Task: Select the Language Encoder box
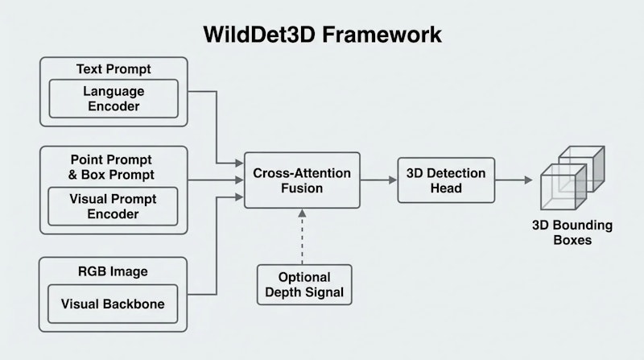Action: pos(113,99)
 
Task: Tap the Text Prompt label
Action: pos(113,68)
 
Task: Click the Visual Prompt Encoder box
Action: pos(113,206)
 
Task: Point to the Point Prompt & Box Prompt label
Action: pos(113,167)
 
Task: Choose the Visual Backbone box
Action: pos(113,305)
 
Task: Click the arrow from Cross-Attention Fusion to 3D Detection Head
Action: pos(378,180)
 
